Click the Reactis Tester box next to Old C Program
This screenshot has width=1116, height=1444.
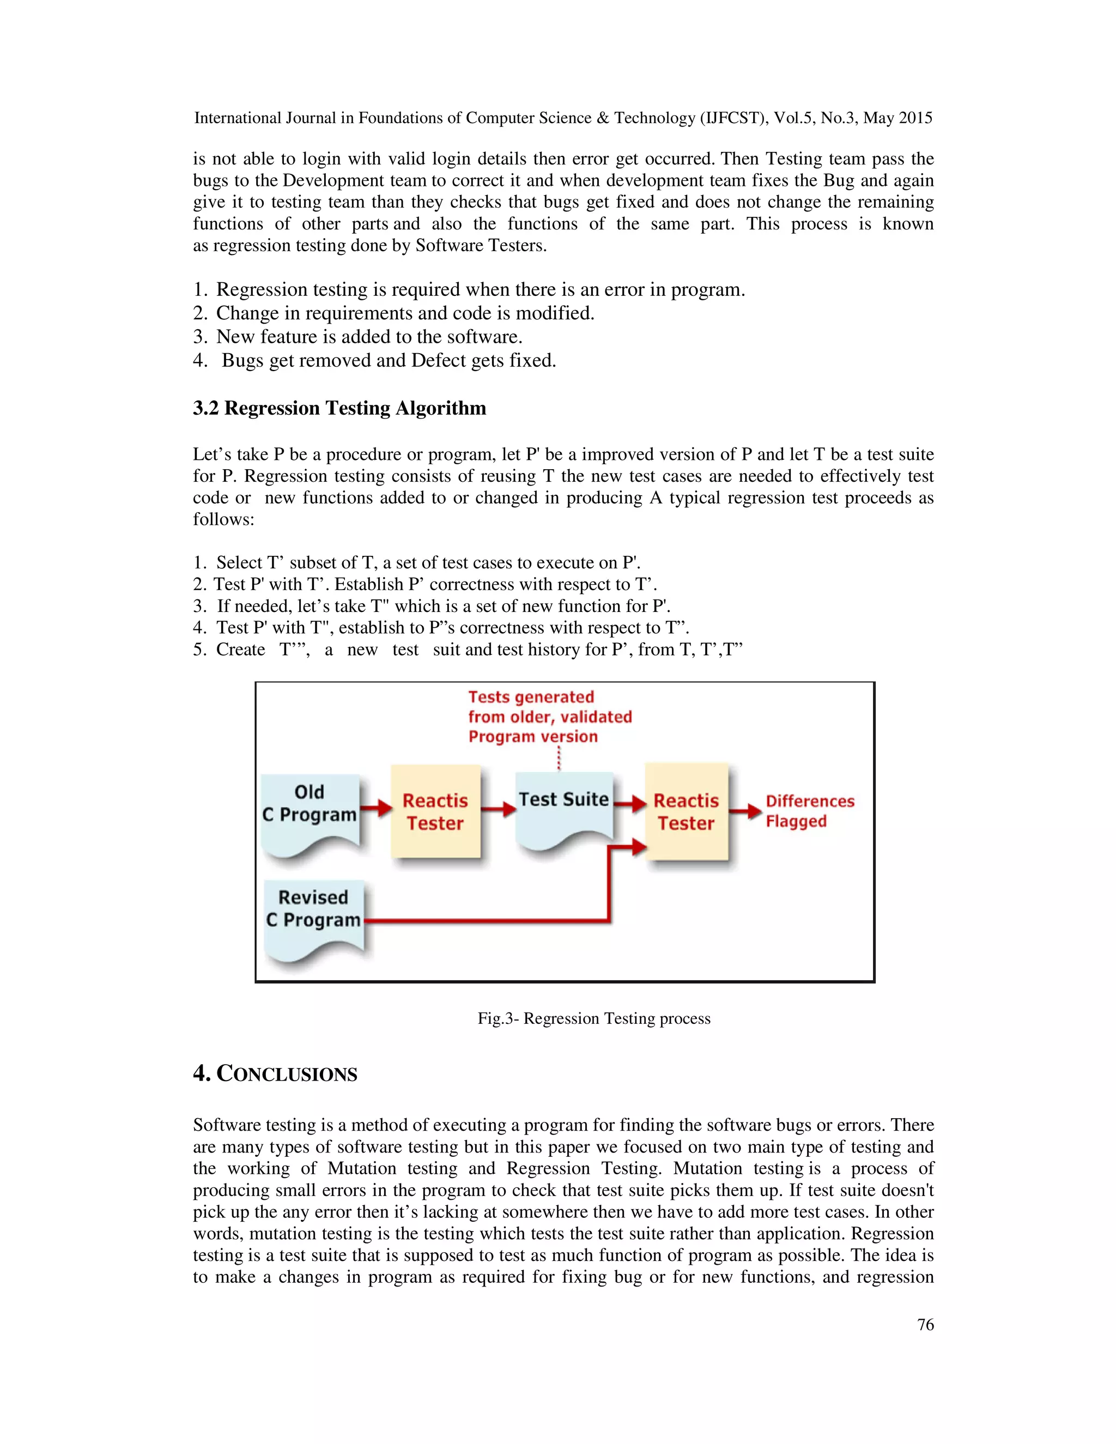(435, 812)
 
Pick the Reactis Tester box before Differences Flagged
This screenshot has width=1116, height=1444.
(686, 812)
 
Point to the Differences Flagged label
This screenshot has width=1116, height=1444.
(809, 811)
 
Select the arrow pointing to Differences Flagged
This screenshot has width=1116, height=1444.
(746, 811)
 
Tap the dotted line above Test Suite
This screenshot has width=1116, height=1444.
(559, 759)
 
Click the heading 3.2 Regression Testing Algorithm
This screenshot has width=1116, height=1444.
(339, 408)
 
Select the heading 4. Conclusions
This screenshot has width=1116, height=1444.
(275, 1073)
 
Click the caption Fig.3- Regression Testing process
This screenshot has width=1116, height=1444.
(594, 1018)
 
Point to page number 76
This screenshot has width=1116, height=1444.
(925, 1324)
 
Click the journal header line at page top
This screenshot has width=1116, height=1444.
(562, 118)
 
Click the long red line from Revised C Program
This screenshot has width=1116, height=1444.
(487, 920)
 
